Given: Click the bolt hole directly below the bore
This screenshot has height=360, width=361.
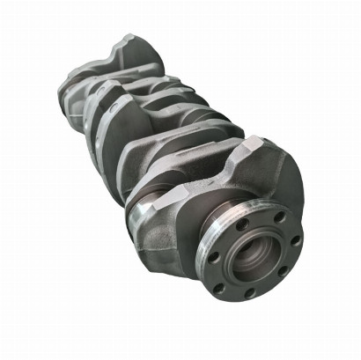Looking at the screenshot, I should click(x=248, y=294).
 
